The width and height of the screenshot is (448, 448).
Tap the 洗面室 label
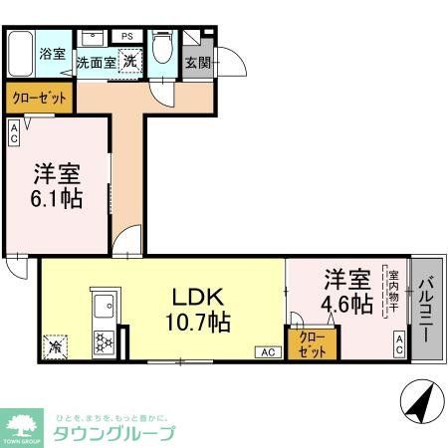click(96, 61)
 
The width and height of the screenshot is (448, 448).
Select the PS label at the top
click(127, 37)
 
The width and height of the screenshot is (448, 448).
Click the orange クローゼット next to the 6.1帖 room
click(39, 99)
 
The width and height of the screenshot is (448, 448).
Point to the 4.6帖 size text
click(345, 302)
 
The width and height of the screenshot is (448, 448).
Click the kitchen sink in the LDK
click(104, 306)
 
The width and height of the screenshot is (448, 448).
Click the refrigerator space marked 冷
click(55, 347)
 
